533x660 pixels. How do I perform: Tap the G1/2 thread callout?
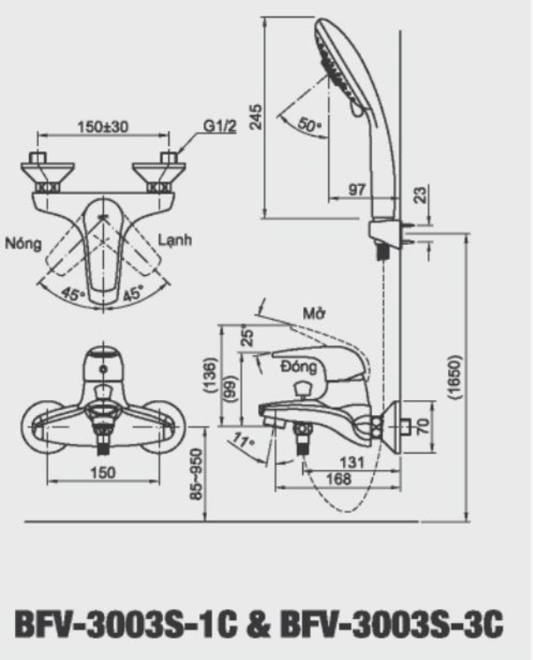pyautogui.click(x=217, y=126)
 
